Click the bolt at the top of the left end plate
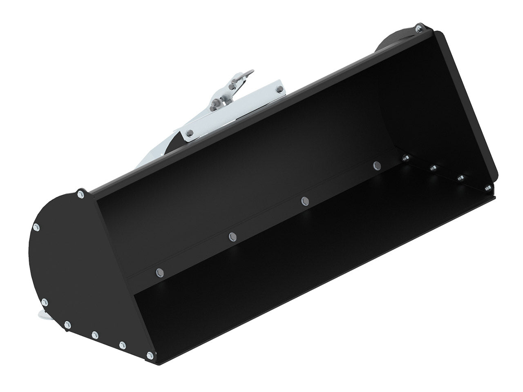[81, 194]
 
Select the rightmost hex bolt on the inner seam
[376, 165]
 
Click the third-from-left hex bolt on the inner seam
[304, 200]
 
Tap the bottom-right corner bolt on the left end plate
[150, 355]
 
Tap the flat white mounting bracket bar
[253, 102]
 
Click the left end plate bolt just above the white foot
[45, 303]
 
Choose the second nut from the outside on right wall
[460, 177]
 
